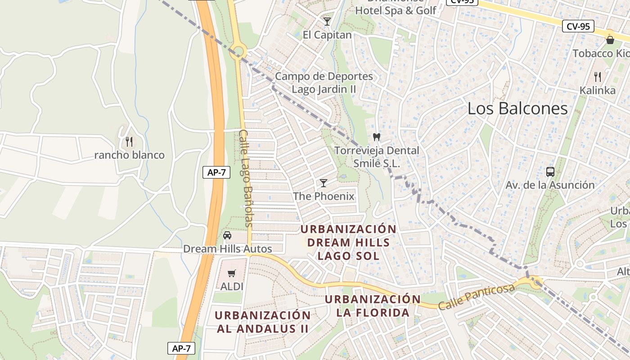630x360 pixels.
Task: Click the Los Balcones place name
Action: pyautogui.click(x=517, y=108)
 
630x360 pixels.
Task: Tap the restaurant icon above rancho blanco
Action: pyautogui.click(x=130, y=142)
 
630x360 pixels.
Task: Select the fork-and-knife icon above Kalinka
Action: pyautogui.click(x=598, y=77)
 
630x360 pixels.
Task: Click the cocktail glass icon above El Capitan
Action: pyautogui.click(x=327, y=21)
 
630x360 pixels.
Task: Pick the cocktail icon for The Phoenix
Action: pyautogui.click(x=323, y=183)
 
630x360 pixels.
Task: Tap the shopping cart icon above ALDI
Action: pyautogui.click(x=232, y=273)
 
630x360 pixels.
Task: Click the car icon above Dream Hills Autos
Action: pyautogui.click(x=227, y=235)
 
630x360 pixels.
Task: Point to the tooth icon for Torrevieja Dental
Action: pyautogui.click(x=377, y=137)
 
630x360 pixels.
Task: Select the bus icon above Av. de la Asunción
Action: pyautogui.click(x=550, y=171)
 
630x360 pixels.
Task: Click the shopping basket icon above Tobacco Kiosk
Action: pyautogui.click(x=610, y=40)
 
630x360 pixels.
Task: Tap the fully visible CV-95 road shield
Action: pyautogui.click(x=578, y=26)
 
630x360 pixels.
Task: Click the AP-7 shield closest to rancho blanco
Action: pyautogui.click(x=216, y=172)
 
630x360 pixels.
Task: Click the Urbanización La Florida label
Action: pyautogui.click(x=373, y=306)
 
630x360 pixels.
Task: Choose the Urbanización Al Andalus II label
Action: pyautogui.click(x=263, y=322)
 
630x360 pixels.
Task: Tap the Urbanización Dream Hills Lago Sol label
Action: pyautogui.click(x=348, y=242)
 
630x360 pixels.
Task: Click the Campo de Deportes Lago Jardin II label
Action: pyautogui.click(x=324, y=82)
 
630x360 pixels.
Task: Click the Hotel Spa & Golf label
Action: pyautogui.click(x=396, y=10)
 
